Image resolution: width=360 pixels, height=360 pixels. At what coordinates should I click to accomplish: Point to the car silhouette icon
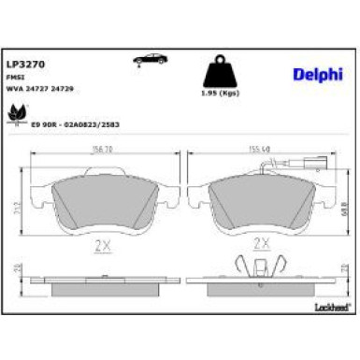(x=148, y=61)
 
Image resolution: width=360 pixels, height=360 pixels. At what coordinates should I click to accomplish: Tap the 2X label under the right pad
(x=263, y=247)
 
